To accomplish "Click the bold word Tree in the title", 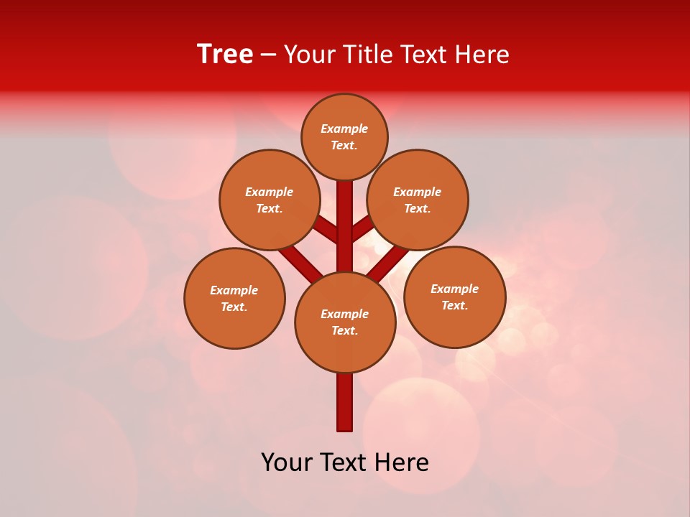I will (x=225, y=55).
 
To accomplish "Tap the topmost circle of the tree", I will (x=344, y=136).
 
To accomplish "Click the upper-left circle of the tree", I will (x=270, y=200).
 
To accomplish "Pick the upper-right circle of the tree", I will (x=418, y=200).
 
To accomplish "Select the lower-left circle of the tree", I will (x=234, y=298).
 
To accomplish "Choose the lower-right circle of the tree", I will (x=454, y=297).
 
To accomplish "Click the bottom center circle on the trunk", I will (x=345, y=322).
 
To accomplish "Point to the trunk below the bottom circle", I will (x=345, y=402).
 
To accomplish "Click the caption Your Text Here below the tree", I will (x=345, y=462).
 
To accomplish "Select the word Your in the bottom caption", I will (x=286, y=462).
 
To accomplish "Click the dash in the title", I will (x=269, y=55).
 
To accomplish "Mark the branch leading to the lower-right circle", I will (x=389, y=263).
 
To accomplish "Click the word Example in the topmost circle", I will (x=344, y=129).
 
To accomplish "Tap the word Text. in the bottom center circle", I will (x=344, y=330).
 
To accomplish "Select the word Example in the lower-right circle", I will (x=454, y=289).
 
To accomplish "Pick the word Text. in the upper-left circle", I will (x=270, y=208).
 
